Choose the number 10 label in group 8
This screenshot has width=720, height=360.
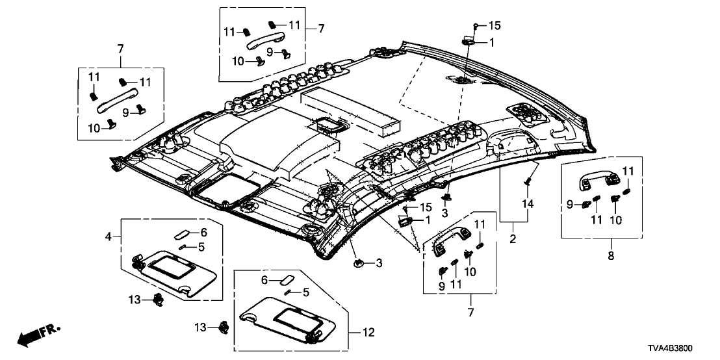pos(614,219)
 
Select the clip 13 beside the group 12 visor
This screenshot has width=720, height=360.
pos(224,327)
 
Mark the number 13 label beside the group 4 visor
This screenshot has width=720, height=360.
pos(134,298)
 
